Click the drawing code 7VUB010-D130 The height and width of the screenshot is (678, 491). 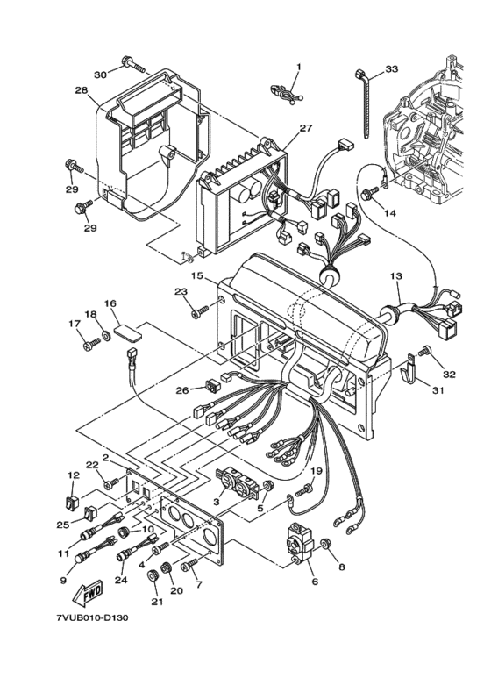click(x=92, y=617)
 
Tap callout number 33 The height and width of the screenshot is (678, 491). click(x=391, y=68)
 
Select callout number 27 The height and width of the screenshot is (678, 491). click(x=306, y=128)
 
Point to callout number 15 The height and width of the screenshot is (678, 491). click(x=197, y=275)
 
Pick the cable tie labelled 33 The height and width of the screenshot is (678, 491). click(x=364, y=103)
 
